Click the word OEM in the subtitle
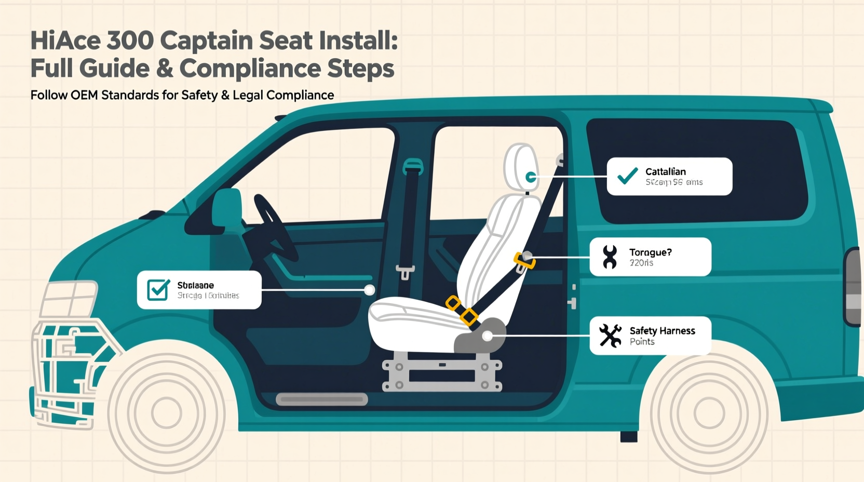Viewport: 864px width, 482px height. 85,95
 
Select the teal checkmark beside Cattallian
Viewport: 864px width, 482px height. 628,176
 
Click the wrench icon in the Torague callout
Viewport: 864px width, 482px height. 610,257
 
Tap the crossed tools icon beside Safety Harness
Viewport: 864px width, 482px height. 610,336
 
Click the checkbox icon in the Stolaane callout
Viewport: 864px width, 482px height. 158,290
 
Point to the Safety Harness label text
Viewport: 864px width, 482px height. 662,331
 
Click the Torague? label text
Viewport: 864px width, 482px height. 650,252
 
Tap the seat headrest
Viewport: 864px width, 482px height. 521,166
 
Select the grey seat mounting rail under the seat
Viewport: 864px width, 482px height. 442,372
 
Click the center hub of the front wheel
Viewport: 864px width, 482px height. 167,413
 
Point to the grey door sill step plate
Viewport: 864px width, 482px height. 322,399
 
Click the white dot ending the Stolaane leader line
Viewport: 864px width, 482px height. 369,290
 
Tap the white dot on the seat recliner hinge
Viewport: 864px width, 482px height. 487,337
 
